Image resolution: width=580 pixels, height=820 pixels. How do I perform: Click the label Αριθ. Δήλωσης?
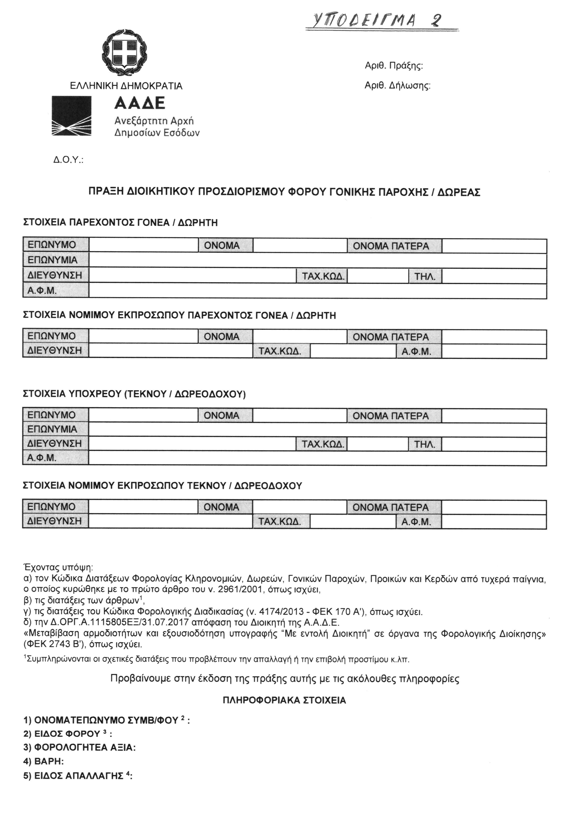point(397,86)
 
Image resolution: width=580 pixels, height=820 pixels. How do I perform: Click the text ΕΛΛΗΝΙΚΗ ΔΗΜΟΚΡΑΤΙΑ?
point(126,86)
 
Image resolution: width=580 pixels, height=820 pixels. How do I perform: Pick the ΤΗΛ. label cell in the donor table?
point(425,276)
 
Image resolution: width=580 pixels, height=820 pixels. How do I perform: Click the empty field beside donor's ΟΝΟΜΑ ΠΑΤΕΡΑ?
point(494,246)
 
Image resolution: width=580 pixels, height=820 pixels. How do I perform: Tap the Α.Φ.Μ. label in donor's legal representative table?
point(419,351)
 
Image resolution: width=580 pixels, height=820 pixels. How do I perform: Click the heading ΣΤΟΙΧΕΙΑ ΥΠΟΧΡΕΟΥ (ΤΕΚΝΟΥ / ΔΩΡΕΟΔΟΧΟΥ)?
point(134,394)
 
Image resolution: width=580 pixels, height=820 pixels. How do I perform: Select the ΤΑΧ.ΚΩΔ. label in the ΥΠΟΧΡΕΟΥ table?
point(323,444)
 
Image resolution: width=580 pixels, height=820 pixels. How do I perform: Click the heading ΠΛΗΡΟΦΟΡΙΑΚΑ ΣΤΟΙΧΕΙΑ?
point(284,700)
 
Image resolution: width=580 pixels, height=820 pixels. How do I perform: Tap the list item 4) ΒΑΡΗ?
point(43,761)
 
